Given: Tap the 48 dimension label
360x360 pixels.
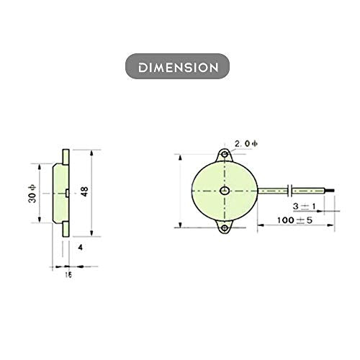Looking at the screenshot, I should point(85,192).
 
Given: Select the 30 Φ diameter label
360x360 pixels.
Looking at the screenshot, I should point(30,192).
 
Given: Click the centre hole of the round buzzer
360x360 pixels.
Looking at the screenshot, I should point(225,191).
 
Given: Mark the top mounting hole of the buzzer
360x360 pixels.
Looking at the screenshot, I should point(225,153).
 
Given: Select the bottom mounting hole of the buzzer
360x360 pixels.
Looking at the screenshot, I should point(225,228).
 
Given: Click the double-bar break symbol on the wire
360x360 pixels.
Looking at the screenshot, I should point(289,191).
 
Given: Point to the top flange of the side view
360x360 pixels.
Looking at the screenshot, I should point(66,156).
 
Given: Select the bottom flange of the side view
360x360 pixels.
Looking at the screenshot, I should point(66,228).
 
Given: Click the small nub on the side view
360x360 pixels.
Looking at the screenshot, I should point(66,192).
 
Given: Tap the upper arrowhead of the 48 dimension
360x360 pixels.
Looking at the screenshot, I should point(92,153).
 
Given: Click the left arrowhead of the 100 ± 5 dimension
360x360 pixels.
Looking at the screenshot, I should point(260,225).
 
